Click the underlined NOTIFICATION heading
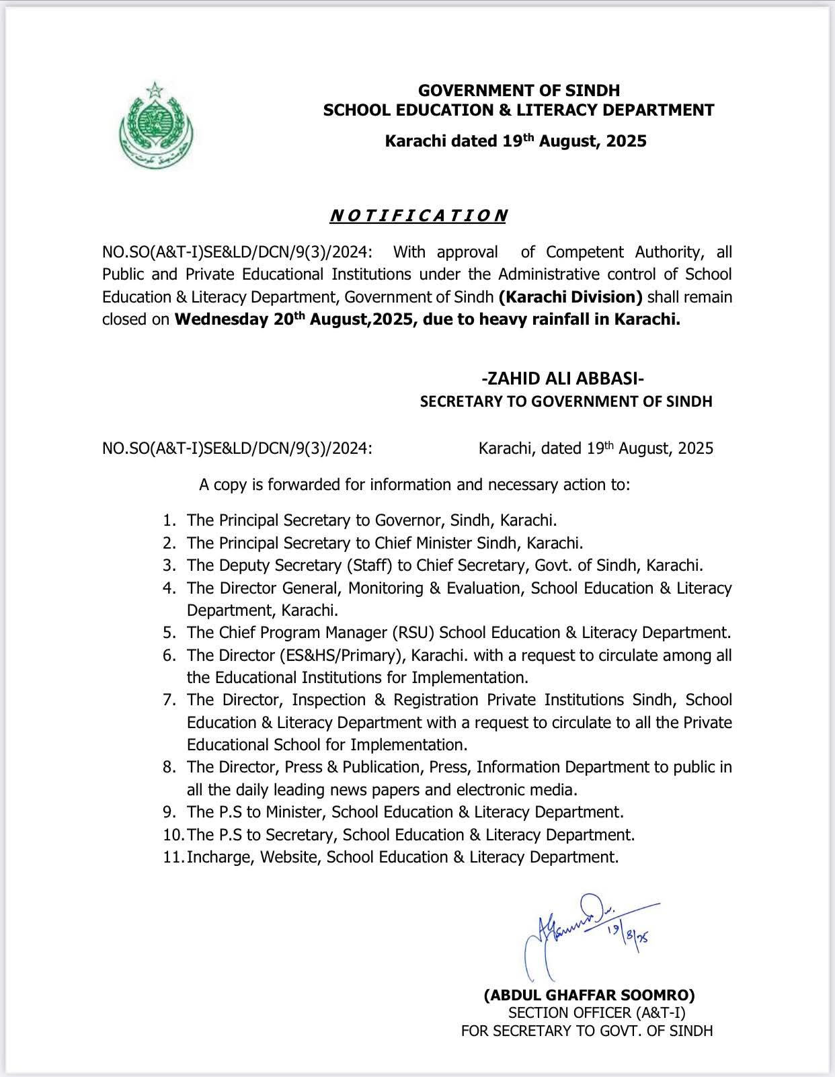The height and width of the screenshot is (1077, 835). (418, 216)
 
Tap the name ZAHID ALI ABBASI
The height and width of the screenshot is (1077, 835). (567, 379)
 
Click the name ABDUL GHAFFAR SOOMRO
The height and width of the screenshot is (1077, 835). (589, 995)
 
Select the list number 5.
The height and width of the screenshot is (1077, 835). (169, 633)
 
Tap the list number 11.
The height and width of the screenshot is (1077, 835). (172, 857)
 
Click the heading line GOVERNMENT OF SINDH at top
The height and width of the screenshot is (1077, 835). (518, 90)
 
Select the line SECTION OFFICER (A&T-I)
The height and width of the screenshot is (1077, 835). (596, 1013)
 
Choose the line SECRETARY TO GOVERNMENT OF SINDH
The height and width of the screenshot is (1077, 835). (566, 401)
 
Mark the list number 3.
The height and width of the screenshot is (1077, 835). (169, 565)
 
